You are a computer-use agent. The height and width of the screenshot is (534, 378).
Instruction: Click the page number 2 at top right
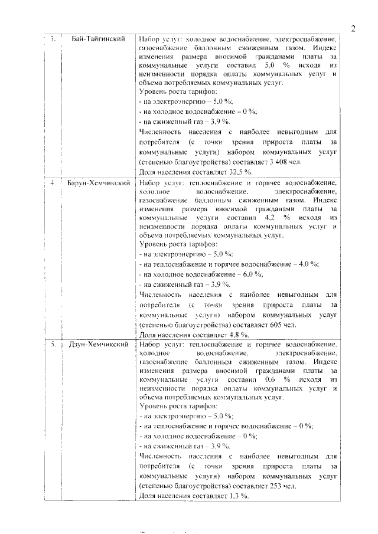point(352,28)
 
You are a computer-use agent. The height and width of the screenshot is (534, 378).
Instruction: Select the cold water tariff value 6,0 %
point(250,274)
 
